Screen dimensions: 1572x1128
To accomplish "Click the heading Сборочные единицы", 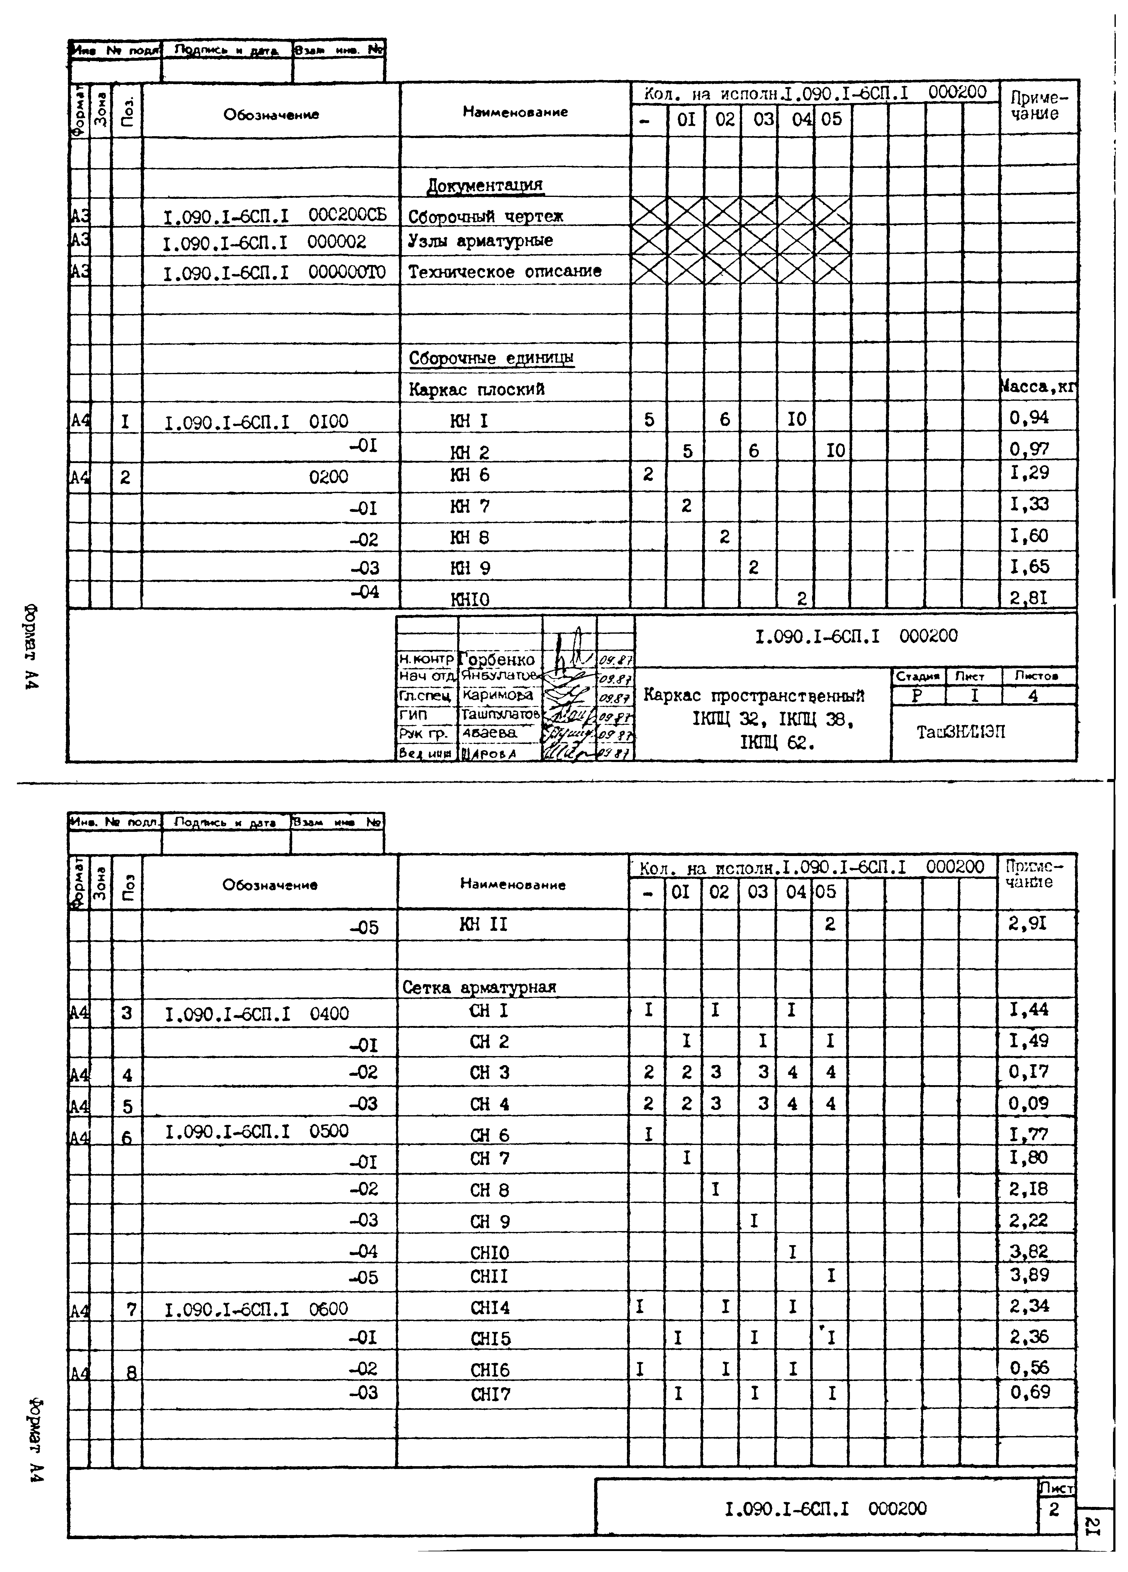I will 491,358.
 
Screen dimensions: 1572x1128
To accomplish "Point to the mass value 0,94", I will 1029,417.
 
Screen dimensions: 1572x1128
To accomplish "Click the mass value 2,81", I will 1029,597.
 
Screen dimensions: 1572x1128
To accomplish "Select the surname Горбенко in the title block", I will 498,659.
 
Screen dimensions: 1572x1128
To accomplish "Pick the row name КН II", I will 483,924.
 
